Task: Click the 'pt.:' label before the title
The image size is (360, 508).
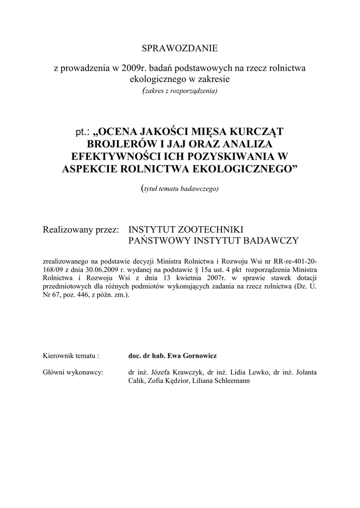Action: click(x=80, y=132)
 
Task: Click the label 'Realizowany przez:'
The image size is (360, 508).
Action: click(x=81, y=230)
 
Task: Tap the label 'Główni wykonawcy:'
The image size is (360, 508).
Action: click(x=73, y=372)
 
